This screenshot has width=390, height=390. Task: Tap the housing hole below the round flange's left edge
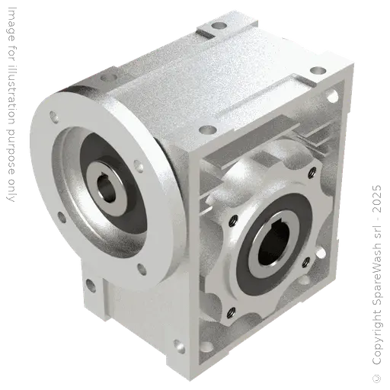tap(91, 284)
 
